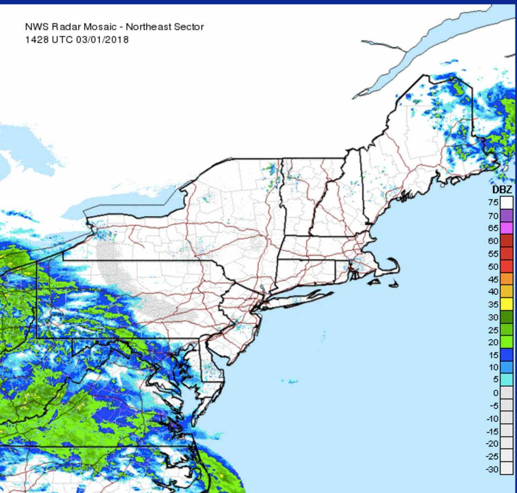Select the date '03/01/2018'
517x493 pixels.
pos(102,40)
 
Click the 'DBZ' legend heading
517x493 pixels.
pos(502,190)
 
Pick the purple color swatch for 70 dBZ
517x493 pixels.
pos(506,215)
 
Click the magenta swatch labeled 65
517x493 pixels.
pos(506,228)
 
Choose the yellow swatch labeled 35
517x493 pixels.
pos(506,304)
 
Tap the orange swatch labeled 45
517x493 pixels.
pos(506,279)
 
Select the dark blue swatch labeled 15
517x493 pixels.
pos(506,355)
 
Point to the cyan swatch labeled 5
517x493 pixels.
pos(506,380)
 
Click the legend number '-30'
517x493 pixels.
pos(492,469)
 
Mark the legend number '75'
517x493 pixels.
pos(494,203)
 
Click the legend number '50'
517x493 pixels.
pos(494,266)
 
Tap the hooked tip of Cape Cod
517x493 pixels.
pos(391,259)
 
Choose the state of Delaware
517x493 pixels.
pos(211,365)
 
